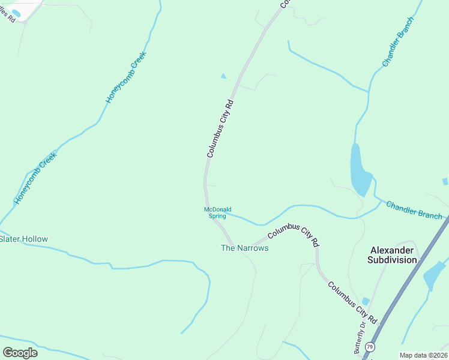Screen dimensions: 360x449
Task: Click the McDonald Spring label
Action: pyautogui.click(x=217, y=212)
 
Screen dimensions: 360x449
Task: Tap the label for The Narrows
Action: pyautogui.click(x=245, y=248)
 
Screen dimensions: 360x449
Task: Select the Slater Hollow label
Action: pyautogui.click(x=23, y=239)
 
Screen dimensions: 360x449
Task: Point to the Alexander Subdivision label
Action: pyautogui.click(x=393, y=255)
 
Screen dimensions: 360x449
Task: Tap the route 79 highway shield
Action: pyautogui.click(x=370, y=347)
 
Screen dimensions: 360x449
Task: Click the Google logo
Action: pyautogui.click(x=20, y=353)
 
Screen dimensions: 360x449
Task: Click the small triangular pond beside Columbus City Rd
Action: pyautogui.click(x=224, y=76)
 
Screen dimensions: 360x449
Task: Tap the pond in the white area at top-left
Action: pyautogui.click(x=16, y=13)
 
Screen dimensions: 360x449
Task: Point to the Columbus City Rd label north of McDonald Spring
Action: pyautogui.click(x=220, y=129)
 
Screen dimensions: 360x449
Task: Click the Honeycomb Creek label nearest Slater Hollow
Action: pyautogui.click(x=35, y=178)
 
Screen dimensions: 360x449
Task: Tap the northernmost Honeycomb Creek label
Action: pyautogui.click(x=126, y=77)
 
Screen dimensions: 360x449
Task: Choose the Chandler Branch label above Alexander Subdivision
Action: pyautogui.click(x=414, y=210)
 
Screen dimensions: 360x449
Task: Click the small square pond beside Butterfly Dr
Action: pyautogui.click(x=366, y=301)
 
